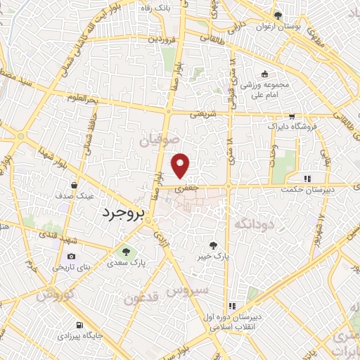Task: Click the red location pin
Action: [181, 165]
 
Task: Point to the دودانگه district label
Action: [252, 224]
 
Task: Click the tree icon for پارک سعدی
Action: [125, 251]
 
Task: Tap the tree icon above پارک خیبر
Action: [214, 245]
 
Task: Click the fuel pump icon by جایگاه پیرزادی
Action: [79, 325]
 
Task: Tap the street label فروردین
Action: [160, 39]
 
